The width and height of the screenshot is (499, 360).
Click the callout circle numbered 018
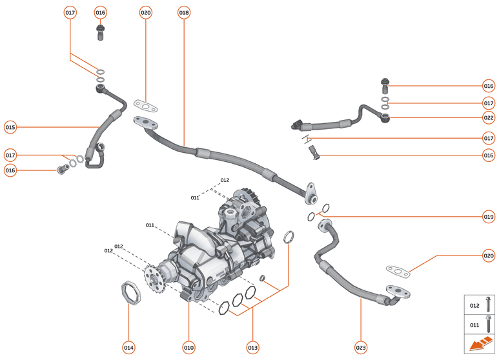pos(184,12)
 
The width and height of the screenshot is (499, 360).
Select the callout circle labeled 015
pos(10,127)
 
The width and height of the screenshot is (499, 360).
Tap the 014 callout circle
pos(129,348)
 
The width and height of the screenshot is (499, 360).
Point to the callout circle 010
pos(188,348)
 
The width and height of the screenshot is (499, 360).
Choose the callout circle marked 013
pos(252,348)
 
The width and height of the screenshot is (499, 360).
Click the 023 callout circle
pos(361,348)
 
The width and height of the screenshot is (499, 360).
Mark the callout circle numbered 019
pos(489,217)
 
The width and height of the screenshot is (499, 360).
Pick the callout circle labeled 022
pos(489,117)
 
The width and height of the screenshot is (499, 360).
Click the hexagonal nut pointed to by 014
pos(130,291)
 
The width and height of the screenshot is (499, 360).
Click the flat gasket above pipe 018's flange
pos(147,104)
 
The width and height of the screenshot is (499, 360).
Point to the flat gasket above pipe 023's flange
pos(398,270)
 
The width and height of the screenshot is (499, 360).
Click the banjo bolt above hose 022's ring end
pos(385,84)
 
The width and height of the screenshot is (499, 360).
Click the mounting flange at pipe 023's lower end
pos(396,292)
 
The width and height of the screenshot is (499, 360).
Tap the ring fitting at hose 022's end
pos(386,117)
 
